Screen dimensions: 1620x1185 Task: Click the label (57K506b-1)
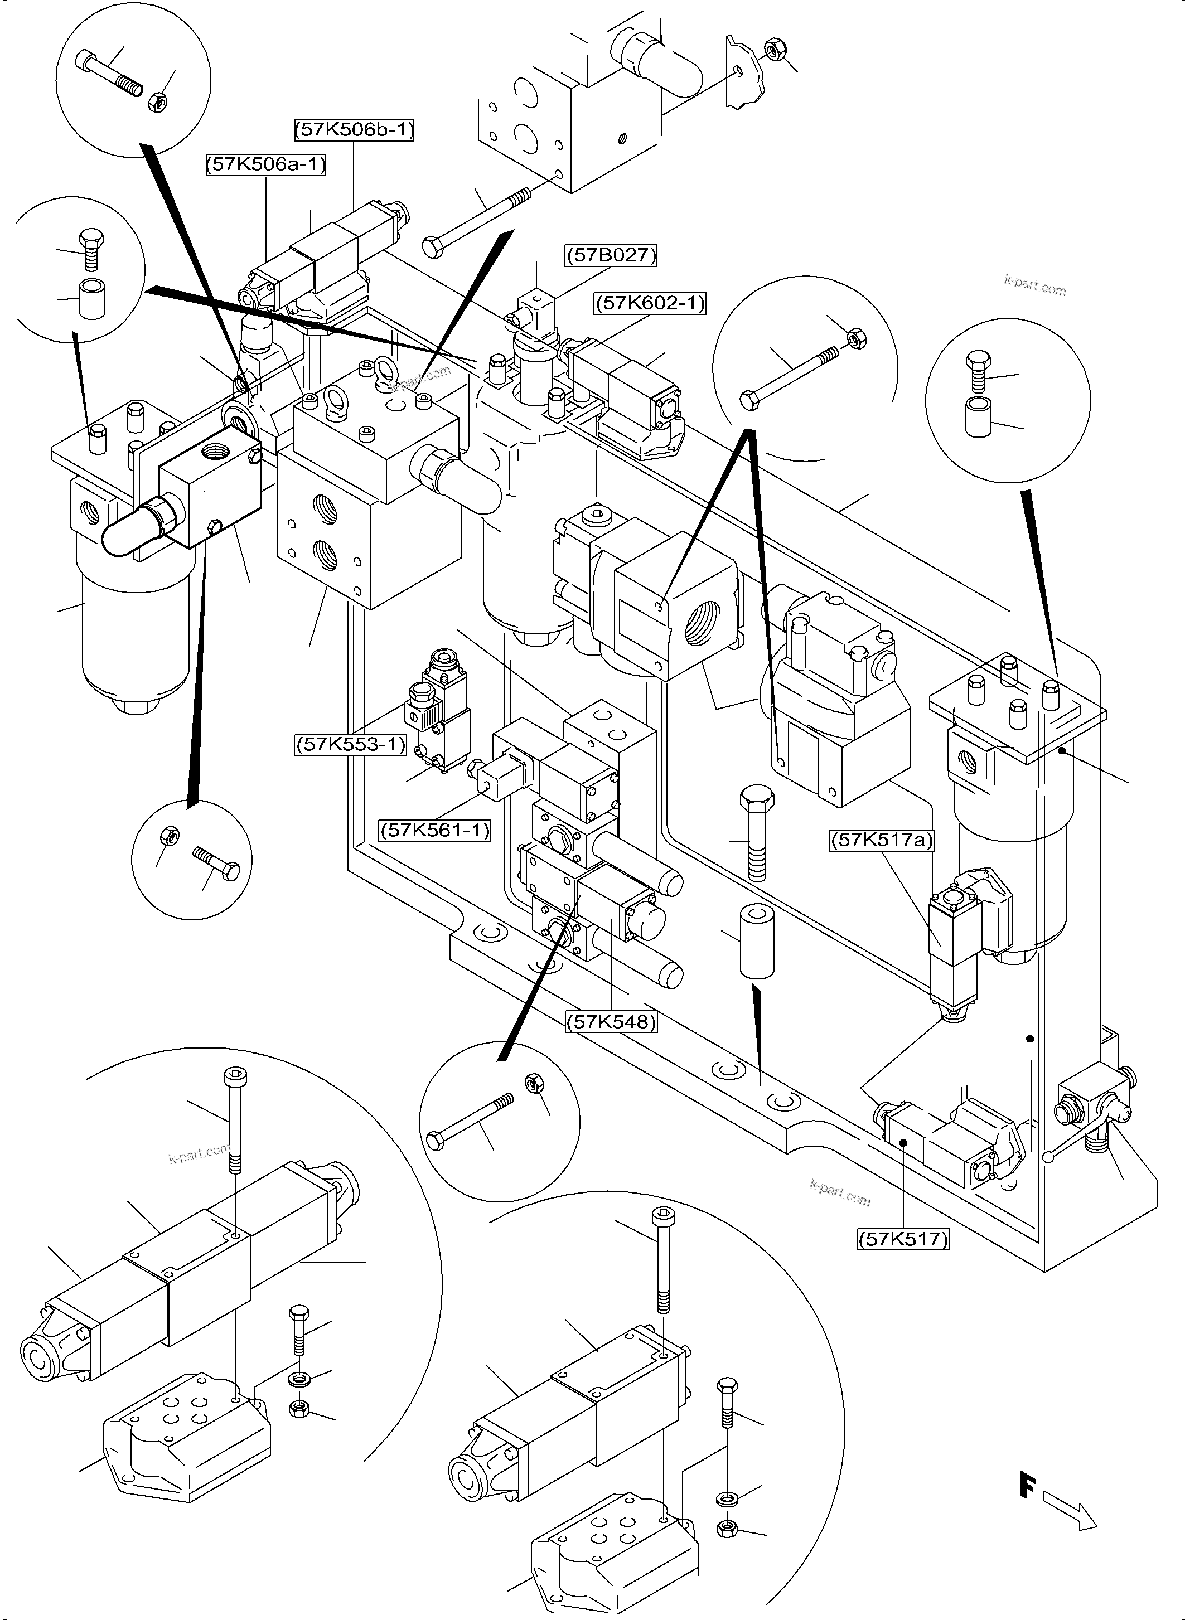point(354,130)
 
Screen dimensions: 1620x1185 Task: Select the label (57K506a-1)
point(266,165)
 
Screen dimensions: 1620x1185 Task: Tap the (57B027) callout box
point(611,255)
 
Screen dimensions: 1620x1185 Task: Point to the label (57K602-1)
point(650,303)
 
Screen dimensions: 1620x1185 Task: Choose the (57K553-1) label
point(351,744)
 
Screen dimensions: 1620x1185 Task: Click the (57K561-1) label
point(435,831)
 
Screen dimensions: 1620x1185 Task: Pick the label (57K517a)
point(882,840)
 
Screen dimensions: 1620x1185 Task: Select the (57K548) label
point(611,1021)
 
